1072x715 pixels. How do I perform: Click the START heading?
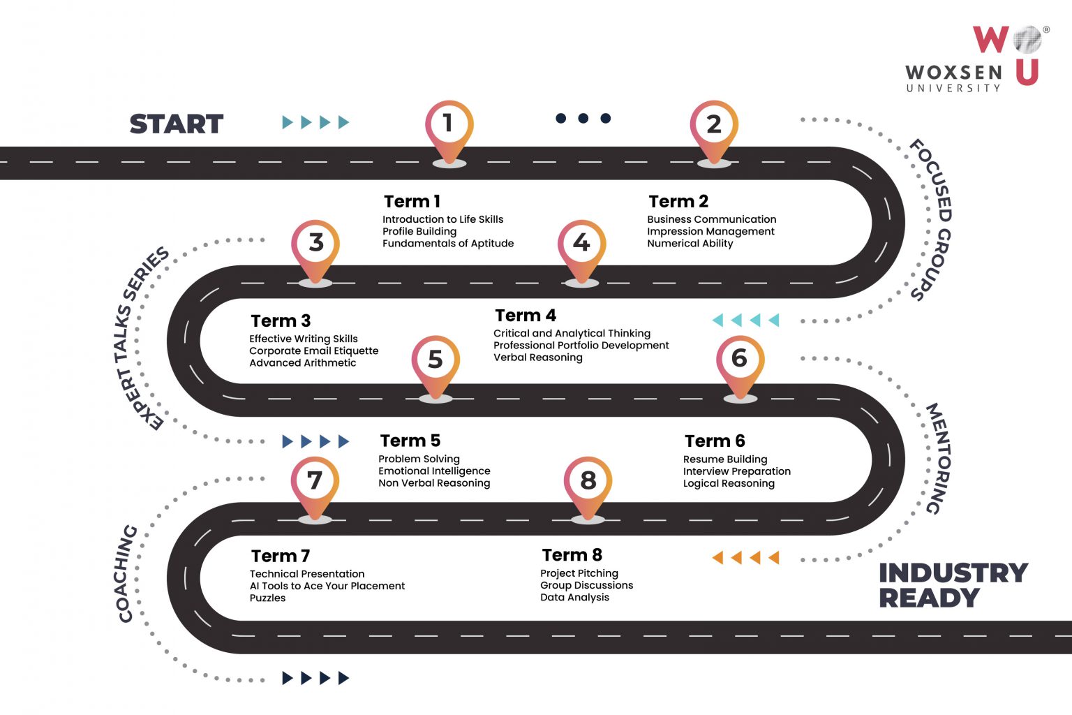pyautogui.click(x=177, y=124)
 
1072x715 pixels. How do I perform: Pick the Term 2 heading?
pyautogui.click(x=678, y=202)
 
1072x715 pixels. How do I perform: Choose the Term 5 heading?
pyautogui.click(x=410, y=441)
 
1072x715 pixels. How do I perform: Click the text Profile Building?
pyautogui.click(x=419, y=231)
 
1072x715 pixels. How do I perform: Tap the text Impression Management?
pyautogui.click(x=710, y=231)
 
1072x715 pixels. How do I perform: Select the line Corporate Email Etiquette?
pyautogui.click(x=313, y=351)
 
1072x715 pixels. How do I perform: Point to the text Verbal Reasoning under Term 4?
pyautogui.click(x=537, y=357)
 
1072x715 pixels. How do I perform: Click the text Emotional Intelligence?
pyautogui.click(x=434, y=471)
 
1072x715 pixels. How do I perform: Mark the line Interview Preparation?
pyautogui.click(x=736, y=471)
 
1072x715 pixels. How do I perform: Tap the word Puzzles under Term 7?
pyautogui.click(x=267, y=598)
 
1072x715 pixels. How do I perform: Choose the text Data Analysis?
pyautogui.click(x=574, y=598)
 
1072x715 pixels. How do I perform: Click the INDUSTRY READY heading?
pyautogui.click(x=953, y=585)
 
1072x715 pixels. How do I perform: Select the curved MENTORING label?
pyautogui.click(x=937, y=458)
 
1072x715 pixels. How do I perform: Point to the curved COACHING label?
pyautogui.click(x=126, y=573)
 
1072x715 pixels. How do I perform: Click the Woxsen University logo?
pyautogui.click(x=975, y=59)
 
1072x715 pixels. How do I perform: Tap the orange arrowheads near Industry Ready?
pyautogui.click(x=745, y=558)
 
